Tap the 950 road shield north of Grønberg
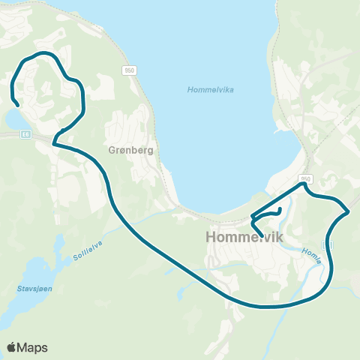130,70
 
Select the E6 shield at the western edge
26,134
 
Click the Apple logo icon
12,347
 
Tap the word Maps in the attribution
34,347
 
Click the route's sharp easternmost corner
349,211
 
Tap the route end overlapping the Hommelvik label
261,224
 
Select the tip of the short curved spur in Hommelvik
280,208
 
